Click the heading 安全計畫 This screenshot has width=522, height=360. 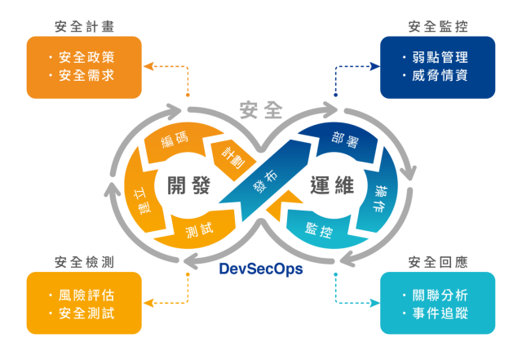(85, 26)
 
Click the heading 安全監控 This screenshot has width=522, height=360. (438, 26)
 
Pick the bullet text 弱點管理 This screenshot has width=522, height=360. (440, 58)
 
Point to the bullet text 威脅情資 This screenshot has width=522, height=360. (440, 76)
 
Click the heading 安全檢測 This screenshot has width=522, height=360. (84, 262)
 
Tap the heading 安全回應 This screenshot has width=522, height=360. (438, 262)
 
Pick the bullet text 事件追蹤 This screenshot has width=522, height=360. (440, 313)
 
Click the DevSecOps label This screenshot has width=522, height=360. (261, 267)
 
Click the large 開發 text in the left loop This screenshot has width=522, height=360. (189, 185)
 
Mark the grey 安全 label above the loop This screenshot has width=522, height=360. (261, 107)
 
